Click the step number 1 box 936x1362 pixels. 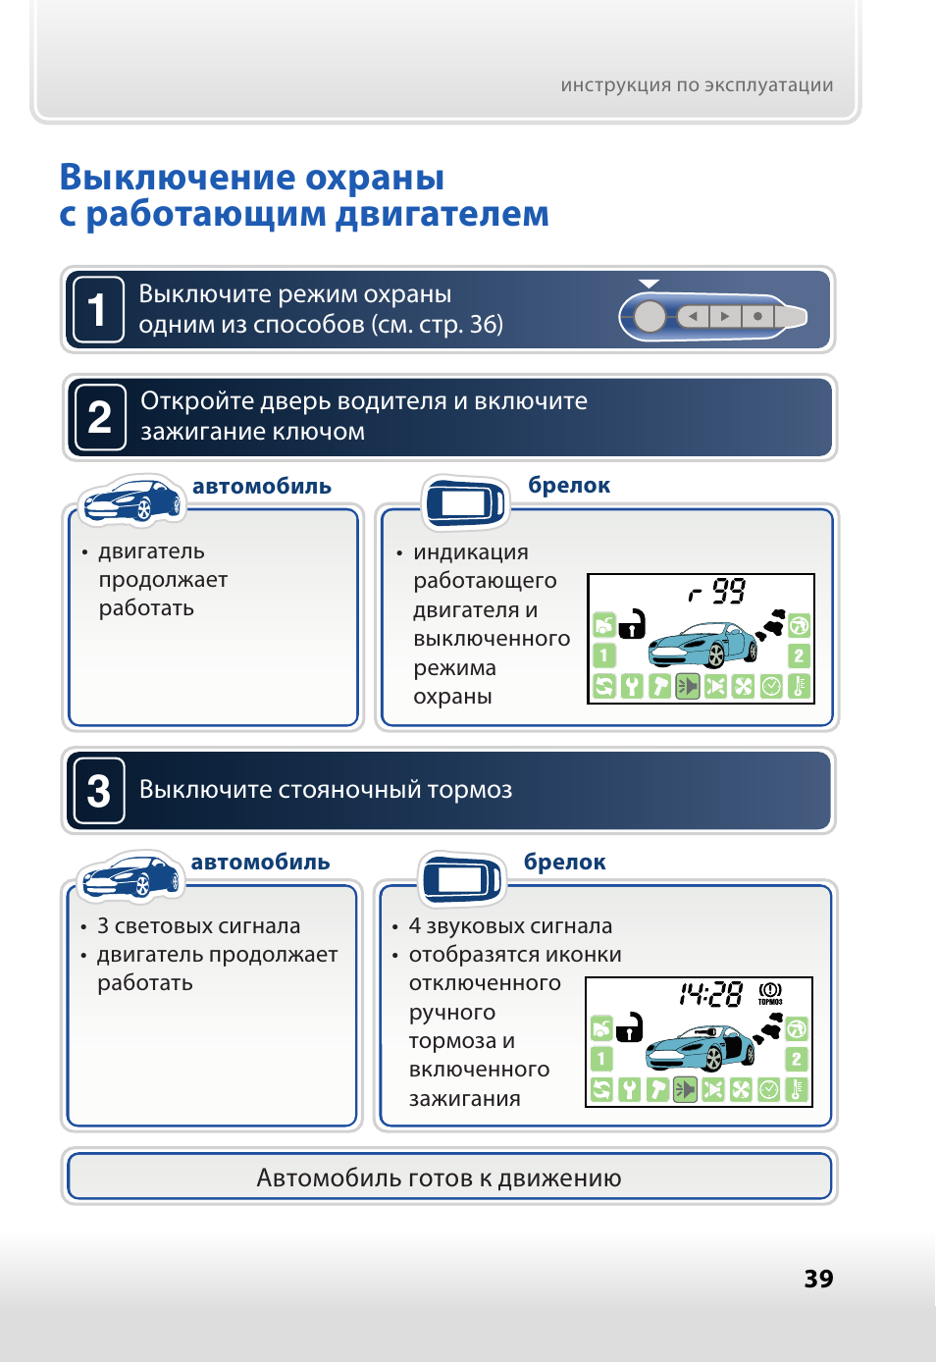click(98, 310)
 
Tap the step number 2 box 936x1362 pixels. click(100, 417)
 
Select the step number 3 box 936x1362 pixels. click(99, 791)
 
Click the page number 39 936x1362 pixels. click(818, 1279)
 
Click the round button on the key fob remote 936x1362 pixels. click(650, 317)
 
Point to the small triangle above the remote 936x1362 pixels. click(649, 284)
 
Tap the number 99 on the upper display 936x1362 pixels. click(728, 591)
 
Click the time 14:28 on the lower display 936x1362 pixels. click(710, 994)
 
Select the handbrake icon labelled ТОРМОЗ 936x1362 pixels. click(770, 993)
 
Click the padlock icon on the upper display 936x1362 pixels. click(633, 623)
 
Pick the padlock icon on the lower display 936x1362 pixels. click(629, 1026)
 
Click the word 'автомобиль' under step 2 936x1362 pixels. click(261, 487)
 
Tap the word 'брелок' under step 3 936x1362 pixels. click(564, 863)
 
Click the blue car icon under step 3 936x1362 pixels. click(130, 876)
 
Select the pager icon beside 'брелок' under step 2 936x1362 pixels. click(464, 502)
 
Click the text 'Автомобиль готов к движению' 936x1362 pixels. click(439, 1178)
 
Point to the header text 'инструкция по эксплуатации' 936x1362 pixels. click(697, 85)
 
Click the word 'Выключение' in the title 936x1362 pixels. click(177, 178)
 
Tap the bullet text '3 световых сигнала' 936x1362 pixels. click(198, 926)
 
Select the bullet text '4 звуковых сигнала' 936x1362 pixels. click(510, 926)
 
